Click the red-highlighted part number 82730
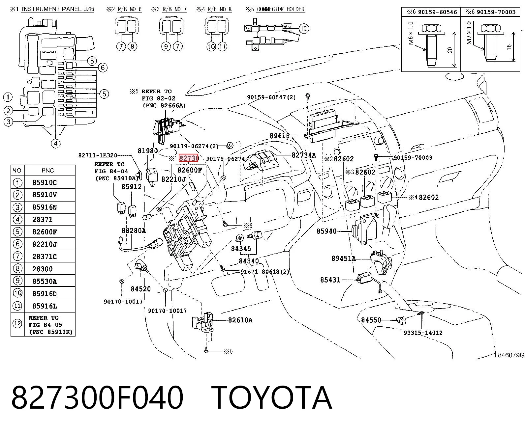pos(189,158)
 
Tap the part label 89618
pos(280,136)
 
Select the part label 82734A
pos(303,155)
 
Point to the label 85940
pos(326,231)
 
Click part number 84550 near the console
pos(371,320)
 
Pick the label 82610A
pos(240,320)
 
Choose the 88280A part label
pos(134,231)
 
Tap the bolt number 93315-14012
pos(423,333)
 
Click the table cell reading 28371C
pos(45,257)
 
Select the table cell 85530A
pos(45,281)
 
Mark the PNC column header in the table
pos(48,171)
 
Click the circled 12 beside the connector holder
pos(304,28)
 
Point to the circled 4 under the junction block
pos(55,144)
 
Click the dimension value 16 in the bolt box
pos(509,47)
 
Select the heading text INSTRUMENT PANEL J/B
pos(58,10)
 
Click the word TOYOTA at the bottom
pos(271,398)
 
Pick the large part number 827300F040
pos(97,398)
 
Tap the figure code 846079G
pos(511,355)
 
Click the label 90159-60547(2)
pos(271,97)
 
